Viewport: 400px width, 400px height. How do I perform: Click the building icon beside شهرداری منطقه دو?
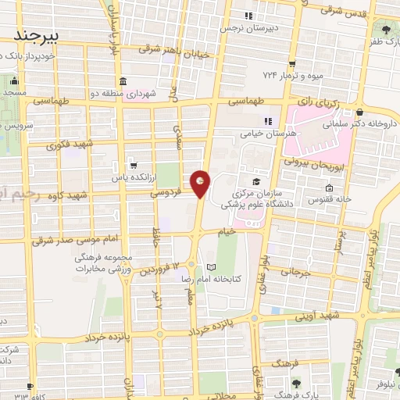(123, 82)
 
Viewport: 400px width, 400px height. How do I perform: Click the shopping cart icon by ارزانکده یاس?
(134, 166)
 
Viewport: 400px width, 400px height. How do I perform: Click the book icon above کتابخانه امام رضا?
(210, 267)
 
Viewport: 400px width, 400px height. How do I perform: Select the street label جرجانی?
(295, 274)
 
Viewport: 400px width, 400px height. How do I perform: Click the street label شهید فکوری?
(69, 145)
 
